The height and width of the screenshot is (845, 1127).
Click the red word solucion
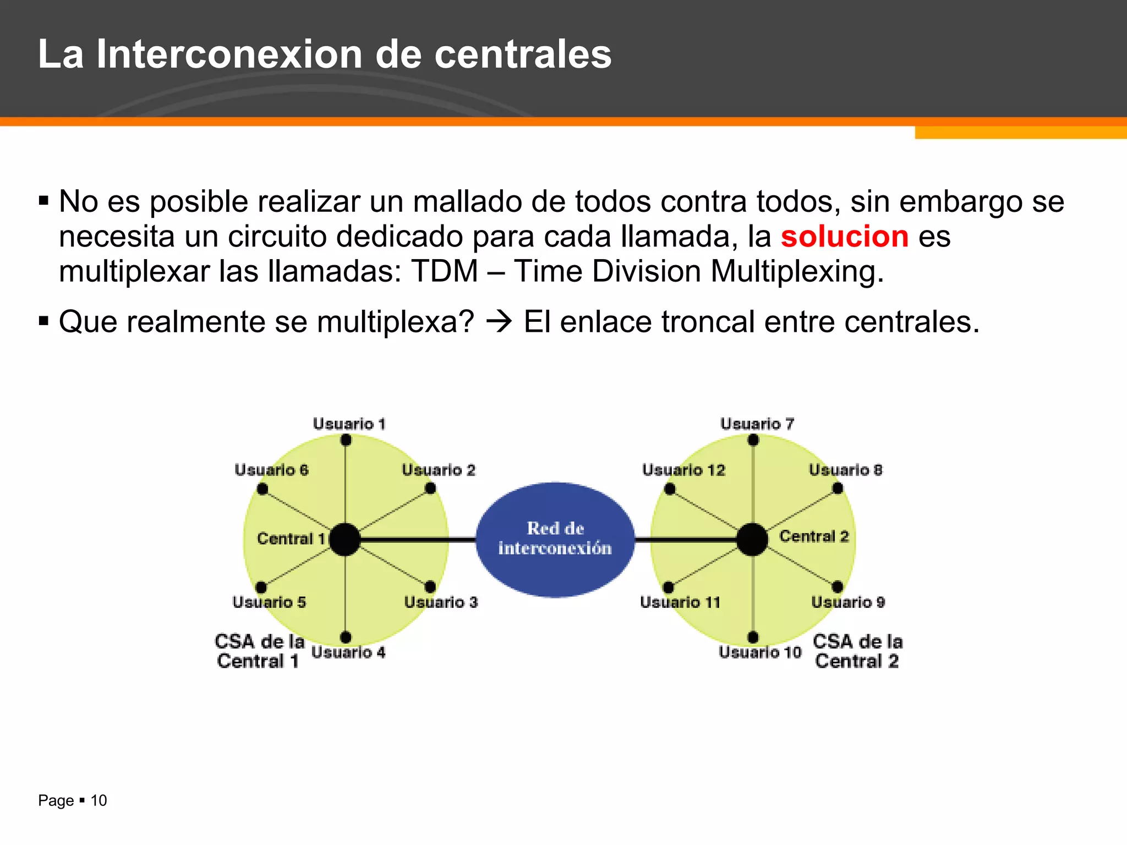click(844, 237)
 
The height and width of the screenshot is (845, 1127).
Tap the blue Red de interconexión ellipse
click(555, 539)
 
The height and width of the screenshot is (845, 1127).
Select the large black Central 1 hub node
click(344, 540)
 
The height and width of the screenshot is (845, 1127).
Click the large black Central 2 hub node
click(752, 540)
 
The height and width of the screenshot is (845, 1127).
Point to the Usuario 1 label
click(349, 424)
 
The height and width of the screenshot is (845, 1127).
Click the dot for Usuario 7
click(753, 440)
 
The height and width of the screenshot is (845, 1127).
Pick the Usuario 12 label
click(683, 470)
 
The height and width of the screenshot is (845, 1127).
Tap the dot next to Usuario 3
click(430, 587)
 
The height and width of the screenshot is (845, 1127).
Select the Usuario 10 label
click(760, 652)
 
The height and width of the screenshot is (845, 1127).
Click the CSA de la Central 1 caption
click(259, 651)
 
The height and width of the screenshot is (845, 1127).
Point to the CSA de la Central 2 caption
click(857, 651)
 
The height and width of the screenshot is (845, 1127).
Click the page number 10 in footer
click(99, 800)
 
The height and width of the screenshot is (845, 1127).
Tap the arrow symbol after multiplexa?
click(499, 322)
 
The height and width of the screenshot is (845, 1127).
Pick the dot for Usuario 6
click(262, 489)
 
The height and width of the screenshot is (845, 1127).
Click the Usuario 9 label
click(848, 602)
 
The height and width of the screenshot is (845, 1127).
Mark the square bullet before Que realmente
click(43, 321)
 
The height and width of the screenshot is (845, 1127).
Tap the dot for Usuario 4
click(346, 637)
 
